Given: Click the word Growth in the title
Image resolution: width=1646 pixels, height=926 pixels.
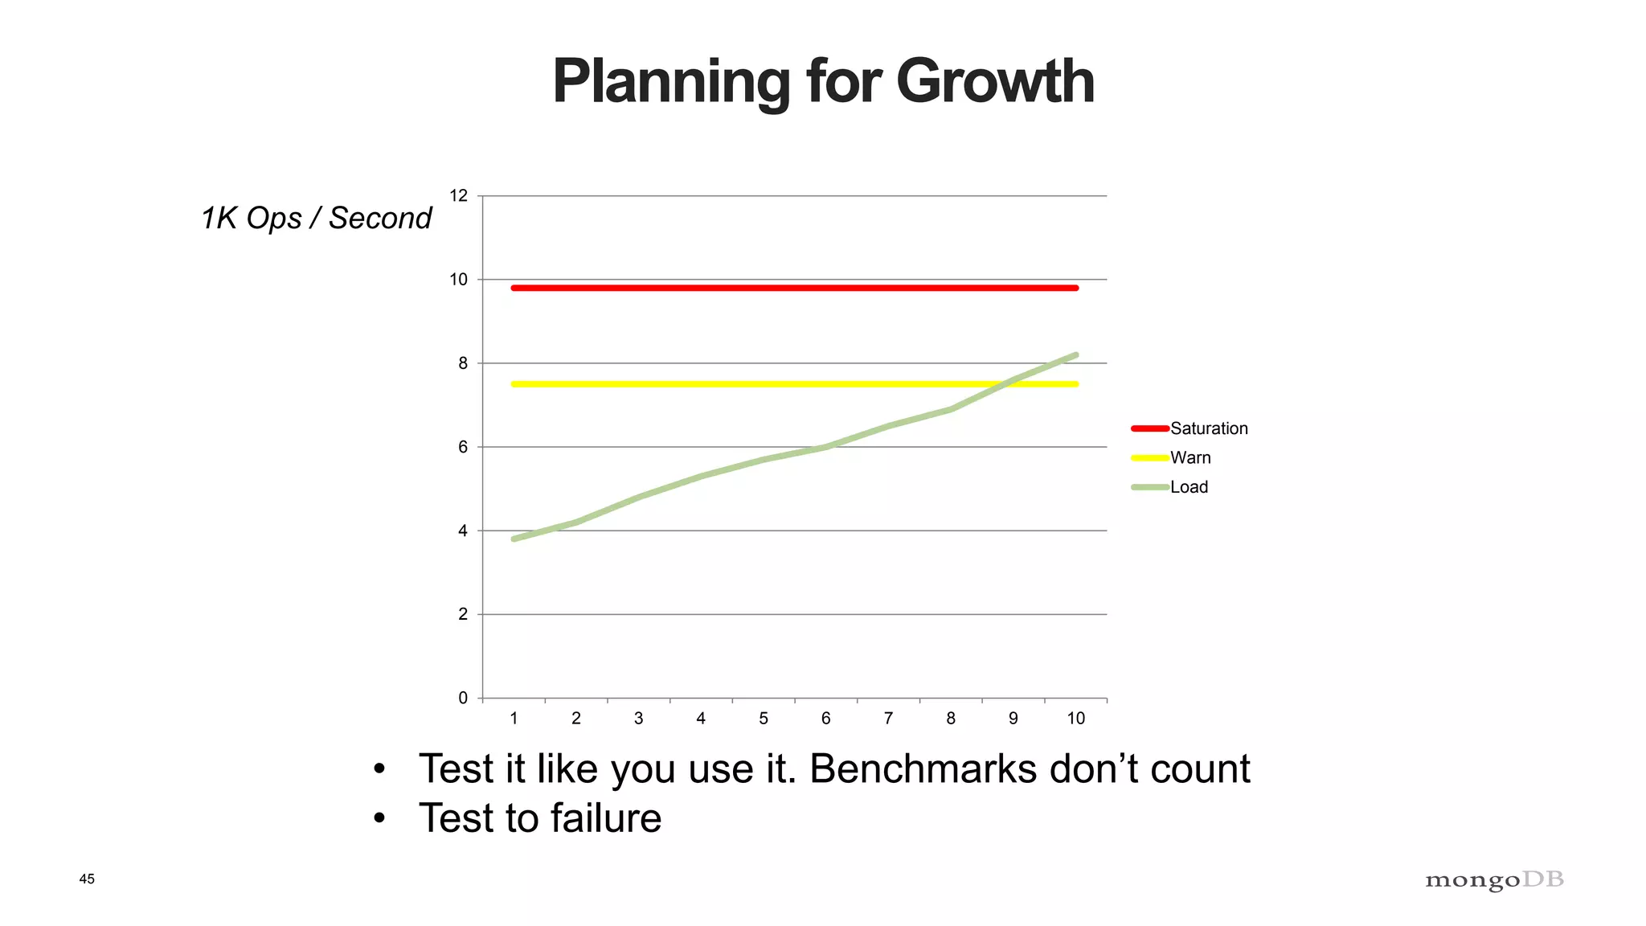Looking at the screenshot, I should click(x=995, y=82).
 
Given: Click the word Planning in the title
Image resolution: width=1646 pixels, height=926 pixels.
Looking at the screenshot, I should click(x=671, y=82).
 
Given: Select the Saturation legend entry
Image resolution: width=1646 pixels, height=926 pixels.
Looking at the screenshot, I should click(x=1208, y=428).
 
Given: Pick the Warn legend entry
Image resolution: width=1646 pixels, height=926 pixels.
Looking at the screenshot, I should click(x=1189, y=457).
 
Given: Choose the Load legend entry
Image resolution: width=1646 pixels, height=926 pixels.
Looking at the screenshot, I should click(x=1189, y=487).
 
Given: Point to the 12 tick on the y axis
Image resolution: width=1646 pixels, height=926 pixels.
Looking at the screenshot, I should click(x=458, y=196).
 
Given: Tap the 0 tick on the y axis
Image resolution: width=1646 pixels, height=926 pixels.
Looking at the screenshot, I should click(x=463, y=698).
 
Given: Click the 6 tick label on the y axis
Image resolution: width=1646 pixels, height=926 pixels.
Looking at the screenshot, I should click(x=463, y=447).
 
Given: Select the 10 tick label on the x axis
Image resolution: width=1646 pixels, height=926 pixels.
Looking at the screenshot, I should click(x=1075, y=719).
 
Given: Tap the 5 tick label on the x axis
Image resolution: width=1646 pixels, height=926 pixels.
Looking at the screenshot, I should click(x=764, y=719).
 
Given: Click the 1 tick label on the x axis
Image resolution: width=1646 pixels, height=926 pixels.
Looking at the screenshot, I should click(x=514, y=719).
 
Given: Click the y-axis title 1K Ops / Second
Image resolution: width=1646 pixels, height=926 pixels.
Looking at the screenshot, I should click(x=316, y=218).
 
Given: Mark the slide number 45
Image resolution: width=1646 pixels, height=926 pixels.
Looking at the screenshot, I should click(x=87, y=879).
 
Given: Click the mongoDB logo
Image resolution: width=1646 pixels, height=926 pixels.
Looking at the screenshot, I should click(x=1494, y=880).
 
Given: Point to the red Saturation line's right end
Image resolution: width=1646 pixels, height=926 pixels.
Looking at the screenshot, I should click(x=1076, y=288).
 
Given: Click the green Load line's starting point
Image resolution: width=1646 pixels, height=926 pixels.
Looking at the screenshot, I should click(x=514, y=539).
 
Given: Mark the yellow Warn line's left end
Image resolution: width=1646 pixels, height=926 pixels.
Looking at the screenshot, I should click(x=514, y=384).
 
